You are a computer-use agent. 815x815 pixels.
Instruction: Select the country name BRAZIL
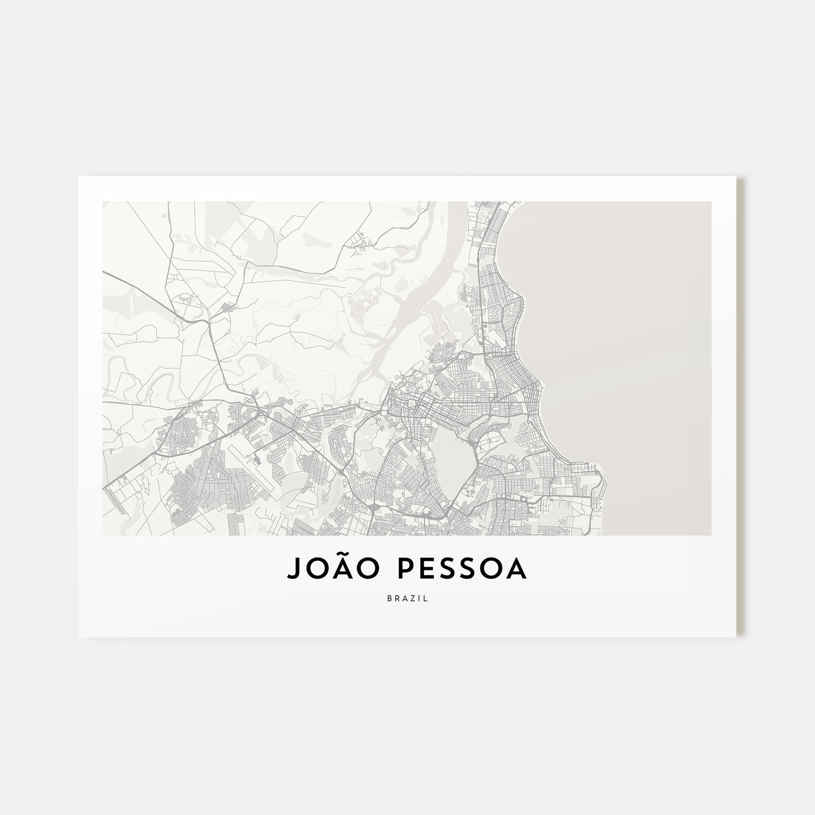tap(407, 598)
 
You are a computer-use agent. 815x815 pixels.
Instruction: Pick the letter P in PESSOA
tap(389, 570)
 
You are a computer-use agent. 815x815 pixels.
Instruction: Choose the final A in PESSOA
tap(516, 570)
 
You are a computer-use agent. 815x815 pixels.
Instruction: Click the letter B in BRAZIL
tap(388, 598)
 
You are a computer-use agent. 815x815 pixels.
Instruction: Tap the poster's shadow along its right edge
tap(741, 408)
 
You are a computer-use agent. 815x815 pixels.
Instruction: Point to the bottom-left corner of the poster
tap(79, 636)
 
